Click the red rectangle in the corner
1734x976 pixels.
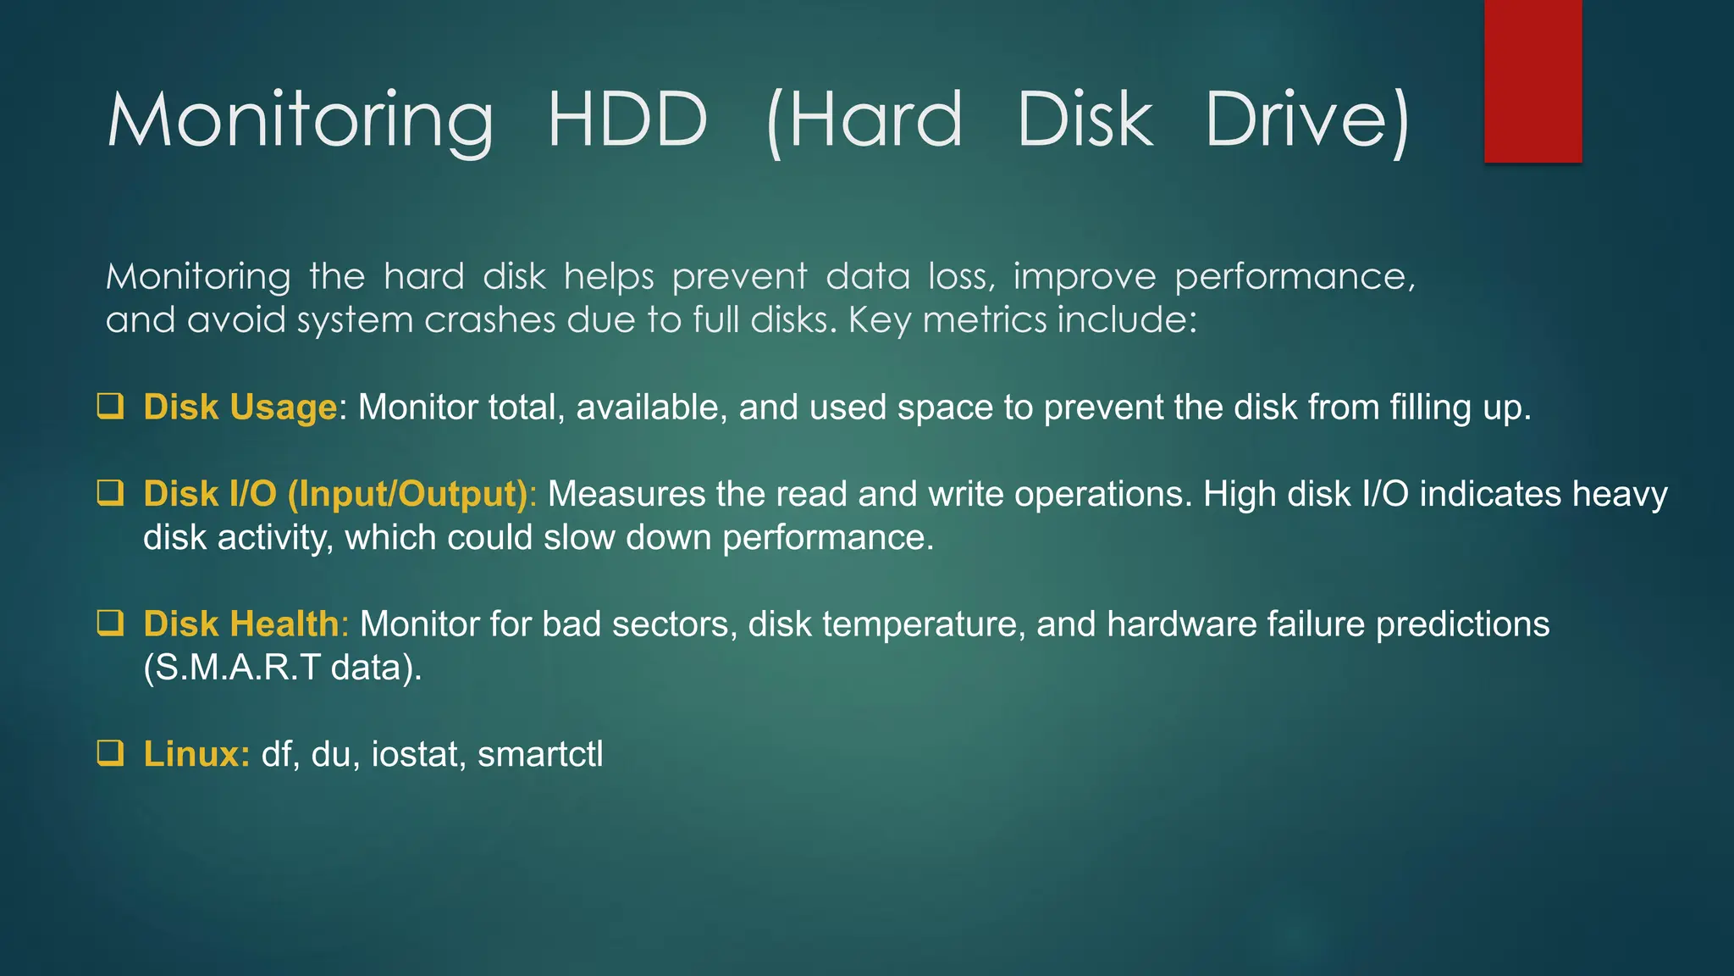tap(1532, 80)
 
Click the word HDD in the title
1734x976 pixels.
tap(627, 119)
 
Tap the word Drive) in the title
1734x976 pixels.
tap(1306, 119)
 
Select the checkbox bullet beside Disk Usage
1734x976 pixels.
tap(110, 407)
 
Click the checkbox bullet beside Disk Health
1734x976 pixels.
tap(110, 624)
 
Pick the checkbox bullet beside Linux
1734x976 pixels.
tap(110, 753)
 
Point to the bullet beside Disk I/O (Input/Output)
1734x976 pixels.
tap(110, 493)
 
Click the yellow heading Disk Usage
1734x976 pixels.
tap(240, 408)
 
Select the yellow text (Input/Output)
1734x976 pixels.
tap(408, 494)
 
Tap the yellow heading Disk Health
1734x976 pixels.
tap(241, 624)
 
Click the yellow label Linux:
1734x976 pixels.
tap(196, 754)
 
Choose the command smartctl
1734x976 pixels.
tap(540, 754)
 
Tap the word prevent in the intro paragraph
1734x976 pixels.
tap(739, 277)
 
